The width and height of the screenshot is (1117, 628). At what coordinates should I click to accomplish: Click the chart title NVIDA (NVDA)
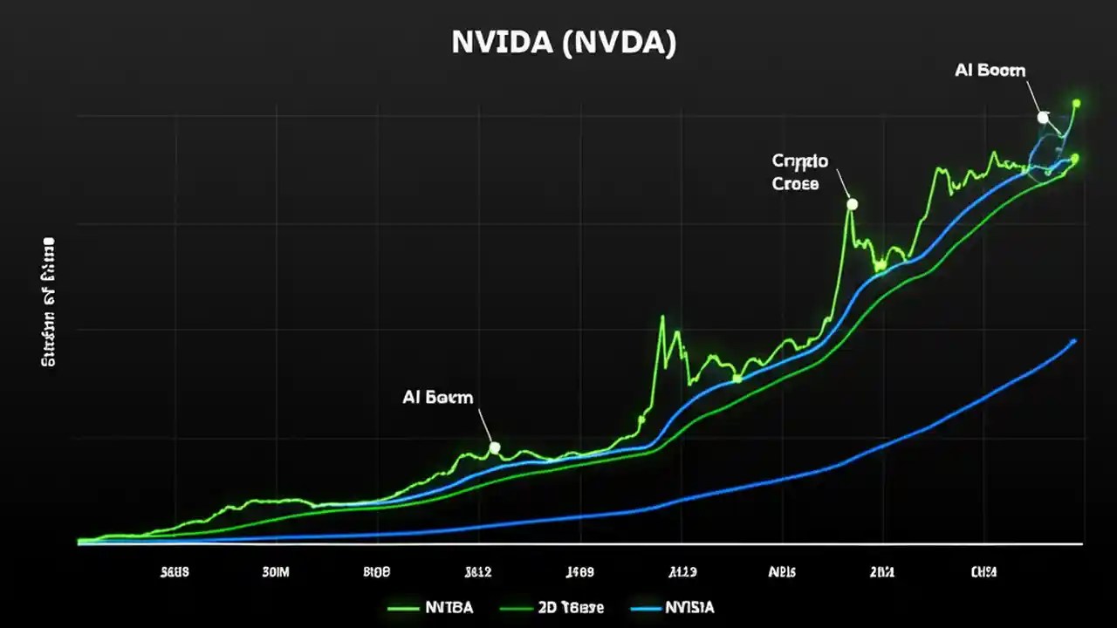(x=564, y=44)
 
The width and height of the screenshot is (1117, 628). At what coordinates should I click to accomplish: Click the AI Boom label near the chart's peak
(x=990, y=72)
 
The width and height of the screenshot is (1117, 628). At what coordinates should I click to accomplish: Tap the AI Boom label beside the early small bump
(x=437, y=398)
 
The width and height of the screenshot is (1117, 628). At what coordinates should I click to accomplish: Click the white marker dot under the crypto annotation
(x=853, y=204)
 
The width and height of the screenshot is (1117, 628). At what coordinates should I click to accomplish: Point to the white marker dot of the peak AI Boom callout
(x=1042, y=117)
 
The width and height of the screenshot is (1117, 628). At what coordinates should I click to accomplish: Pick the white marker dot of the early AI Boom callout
(x=495, y=447)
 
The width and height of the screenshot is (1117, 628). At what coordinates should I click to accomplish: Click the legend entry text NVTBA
(x=449, y=607)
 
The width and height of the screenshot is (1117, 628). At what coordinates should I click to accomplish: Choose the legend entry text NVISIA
(x=689, y=607)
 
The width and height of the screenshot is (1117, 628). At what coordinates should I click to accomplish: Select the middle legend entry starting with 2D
(x=572, y=607)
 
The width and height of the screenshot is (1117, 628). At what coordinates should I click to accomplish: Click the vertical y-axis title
(x=47, y=300)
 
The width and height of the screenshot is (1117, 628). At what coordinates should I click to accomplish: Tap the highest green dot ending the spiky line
(x=1076, y=103)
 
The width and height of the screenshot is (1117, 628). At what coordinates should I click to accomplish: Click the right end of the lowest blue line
(x=1073, y=341)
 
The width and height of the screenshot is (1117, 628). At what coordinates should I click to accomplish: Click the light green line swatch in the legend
(x=401, y=607)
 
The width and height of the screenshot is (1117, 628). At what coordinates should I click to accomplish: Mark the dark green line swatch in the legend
(x=517, y=607)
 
